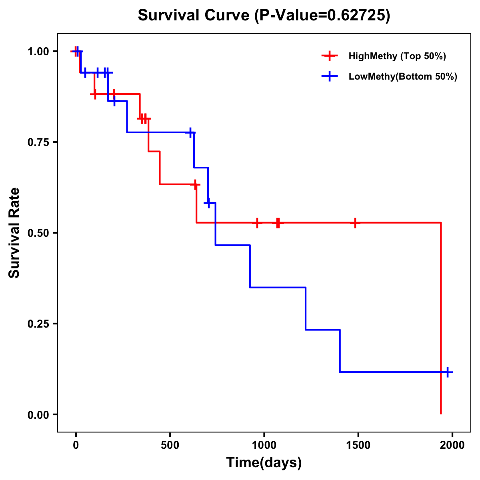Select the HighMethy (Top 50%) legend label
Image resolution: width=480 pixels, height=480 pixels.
pyautogui.click(x=397, y=56)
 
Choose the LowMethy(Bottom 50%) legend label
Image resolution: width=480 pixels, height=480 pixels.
pyautogui.click(x=402, y=76)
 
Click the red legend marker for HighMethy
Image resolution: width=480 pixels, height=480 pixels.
pyautogui.click(x=330, y=56)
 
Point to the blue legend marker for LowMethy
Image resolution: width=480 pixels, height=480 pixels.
pyautogui.click(x=330, y=76)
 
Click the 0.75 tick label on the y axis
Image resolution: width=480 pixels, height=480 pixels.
pyautogui.click(x=38, y=142)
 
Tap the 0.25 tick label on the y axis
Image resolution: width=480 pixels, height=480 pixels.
pyautogui.click(x=38, y=324)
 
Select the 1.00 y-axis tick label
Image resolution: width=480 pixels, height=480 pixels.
pyautogui.click(x=38, y=52)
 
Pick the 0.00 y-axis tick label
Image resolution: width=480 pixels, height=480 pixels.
pyautogui.click(x=38, y=414)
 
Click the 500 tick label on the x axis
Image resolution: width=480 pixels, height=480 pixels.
pyautogui.click(x=170, y=445)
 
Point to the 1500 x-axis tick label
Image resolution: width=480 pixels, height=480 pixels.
pyautogui.click(x=358, y=445)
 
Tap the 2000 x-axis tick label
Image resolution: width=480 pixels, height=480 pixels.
pyautogui.click(x=452, y=445)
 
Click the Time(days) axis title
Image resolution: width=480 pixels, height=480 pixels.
pyautogui.click(x=264, y=462)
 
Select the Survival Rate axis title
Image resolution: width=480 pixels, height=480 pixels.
pyautogui.click(x=14, y=233)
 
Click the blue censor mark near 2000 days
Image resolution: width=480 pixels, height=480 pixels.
pyautogui.click(x=448, y=372)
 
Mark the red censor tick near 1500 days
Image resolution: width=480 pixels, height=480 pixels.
pyautogui.click(x=355, y=223)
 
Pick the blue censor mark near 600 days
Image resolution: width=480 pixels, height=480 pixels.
pyautogui.click(x=190, y=132)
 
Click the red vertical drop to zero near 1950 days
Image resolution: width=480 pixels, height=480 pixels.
pyautogui.click(x=441, y=320)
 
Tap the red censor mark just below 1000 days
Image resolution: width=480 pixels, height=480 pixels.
pyautogui.click(x=257, y=223)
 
